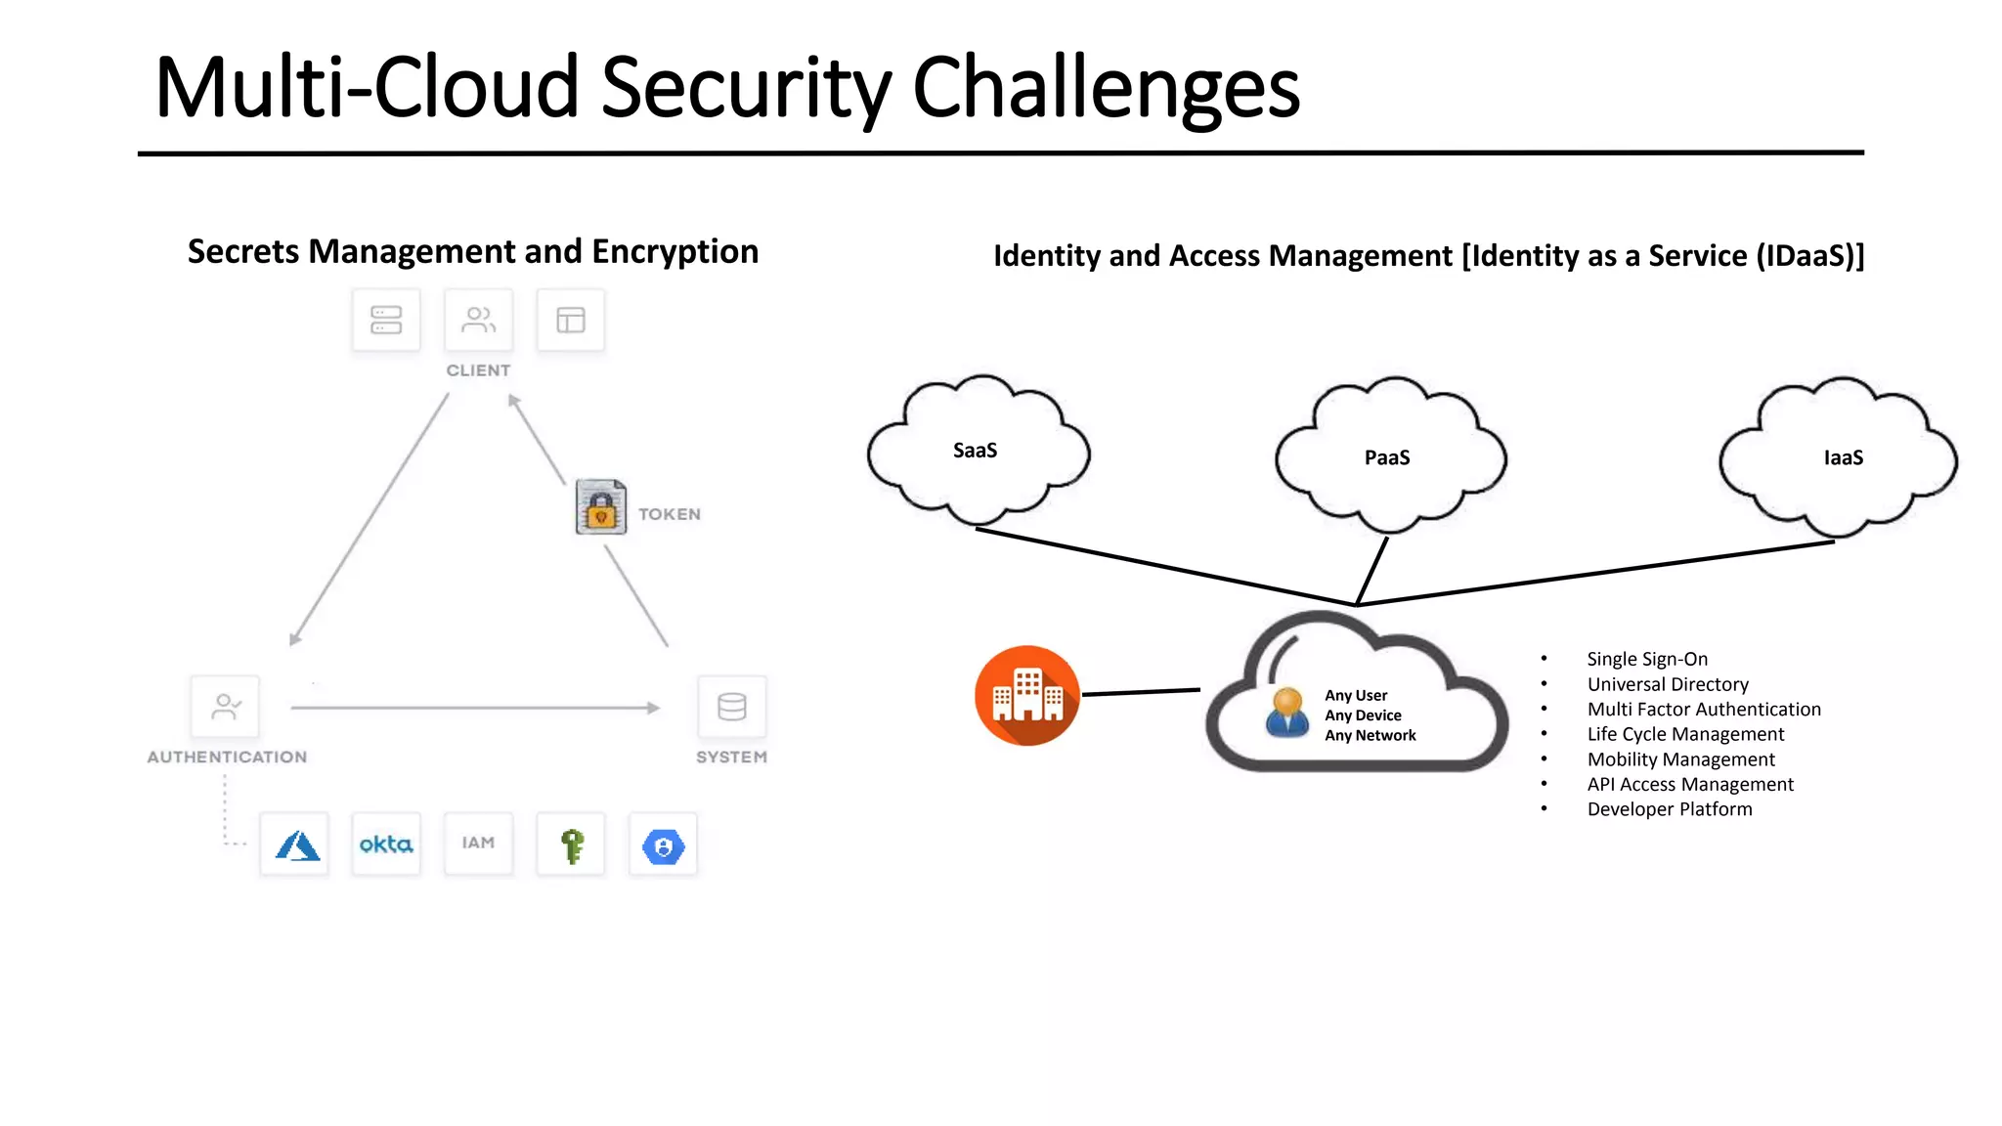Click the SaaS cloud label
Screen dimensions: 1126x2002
pos(975,451)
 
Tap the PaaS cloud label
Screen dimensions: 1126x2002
pos(1387,457)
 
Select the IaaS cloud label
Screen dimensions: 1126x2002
pos(1843,457)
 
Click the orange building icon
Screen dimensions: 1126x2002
pos(1026,696)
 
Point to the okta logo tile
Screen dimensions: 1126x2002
pos(386,844)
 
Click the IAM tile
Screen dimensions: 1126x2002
pos(478,844)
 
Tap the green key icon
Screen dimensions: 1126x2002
pos(572,845)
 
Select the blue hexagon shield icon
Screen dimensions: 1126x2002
pos(663,846)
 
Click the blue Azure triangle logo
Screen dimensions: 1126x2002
pos(296,845)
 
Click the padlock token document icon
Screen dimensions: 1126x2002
pos(600,506)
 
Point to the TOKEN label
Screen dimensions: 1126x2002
pos(670,514)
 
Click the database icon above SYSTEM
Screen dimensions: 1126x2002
pos(731,706)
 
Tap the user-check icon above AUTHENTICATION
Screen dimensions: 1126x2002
pos(226,706)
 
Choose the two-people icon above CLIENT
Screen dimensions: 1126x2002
pos(478,320)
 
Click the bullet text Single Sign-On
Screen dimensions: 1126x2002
pos(1647,659)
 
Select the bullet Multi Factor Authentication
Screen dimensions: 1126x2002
pos(1704,710)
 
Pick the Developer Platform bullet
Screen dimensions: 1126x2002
pos(1670,809)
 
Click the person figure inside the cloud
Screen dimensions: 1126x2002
pos(1287,713)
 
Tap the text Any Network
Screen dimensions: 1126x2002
pos(1370,736)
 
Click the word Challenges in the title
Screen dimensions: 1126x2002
pos(1106,88)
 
